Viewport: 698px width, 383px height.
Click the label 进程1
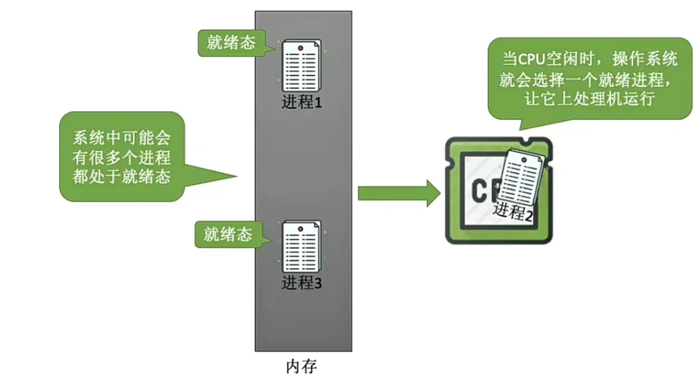coord(302,103)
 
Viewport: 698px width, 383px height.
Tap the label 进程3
coord(302,283)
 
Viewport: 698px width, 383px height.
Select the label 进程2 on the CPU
coord(513,213)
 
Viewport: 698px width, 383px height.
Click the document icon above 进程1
coord(302,68)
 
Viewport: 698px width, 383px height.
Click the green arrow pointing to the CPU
coord(398,193)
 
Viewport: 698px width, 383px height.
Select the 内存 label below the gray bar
coord(303,368)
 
